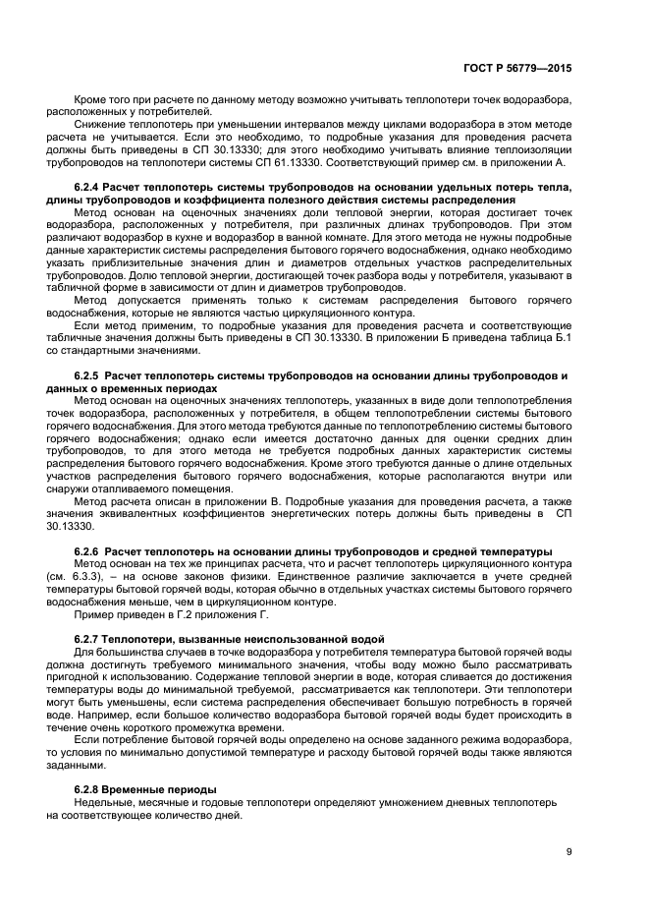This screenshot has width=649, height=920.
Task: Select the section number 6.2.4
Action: pos(87,186)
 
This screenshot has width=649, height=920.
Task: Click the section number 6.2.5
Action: pos(87,376)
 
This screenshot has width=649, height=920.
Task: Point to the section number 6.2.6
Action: pos(87,548)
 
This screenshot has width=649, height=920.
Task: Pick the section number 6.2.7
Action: pos(87,640)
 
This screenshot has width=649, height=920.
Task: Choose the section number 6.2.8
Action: pos(87,790)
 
